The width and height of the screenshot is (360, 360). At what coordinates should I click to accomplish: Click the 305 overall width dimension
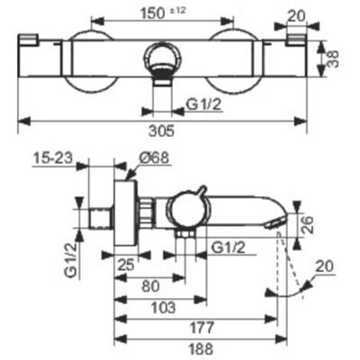pos(162,131)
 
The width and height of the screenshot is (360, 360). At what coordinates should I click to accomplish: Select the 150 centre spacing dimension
pos(153,13)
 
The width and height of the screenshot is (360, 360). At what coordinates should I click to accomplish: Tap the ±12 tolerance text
pos(178,11)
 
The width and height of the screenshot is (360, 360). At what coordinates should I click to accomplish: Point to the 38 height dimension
pos(333,59)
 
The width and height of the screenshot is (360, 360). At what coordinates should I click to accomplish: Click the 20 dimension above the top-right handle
pos(296,16)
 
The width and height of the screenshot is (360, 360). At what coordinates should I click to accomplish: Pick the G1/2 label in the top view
pos(204,104)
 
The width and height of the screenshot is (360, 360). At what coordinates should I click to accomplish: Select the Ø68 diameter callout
pos(154,158)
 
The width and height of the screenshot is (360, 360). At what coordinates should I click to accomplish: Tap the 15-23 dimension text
pos(53,158)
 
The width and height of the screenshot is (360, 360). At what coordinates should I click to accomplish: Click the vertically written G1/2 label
pos(70,260)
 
